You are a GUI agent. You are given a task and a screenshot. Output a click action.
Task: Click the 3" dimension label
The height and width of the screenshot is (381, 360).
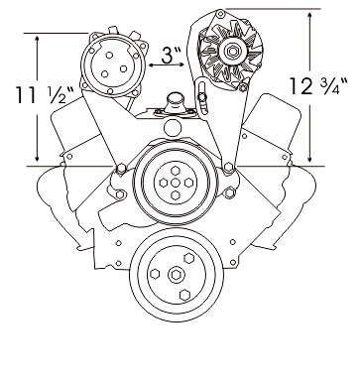(172, 55)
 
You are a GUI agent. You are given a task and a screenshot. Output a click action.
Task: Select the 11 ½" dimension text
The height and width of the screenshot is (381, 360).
(46, 94)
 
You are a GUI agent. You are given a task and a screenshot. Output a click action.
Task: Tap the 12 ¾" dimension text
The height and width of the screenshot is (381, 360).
(318, 85)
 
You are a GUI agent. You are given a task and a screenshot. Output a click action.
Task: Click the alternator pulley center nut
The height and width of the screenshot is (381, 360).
(232, 52)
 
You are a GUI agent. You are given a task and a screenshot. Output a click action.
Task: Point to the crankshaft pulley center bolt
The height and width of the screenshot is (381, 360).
(175, 275)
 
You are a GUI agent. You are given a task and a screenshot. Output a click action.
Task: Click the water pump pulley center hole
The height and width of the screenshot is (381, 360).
(176, 183)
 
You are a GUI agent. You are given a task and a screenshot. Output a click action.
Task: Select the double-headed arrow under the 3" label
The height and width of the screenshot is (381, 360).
(166, 65)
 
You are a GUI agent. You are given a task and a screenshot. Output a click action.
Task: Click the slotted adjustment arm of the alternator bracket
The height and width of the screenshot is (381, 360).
(200, 96)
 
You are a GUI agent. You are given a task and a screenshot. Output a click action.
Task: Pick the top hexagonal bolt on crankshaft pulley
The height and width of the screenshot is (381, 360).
(188, 258)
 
